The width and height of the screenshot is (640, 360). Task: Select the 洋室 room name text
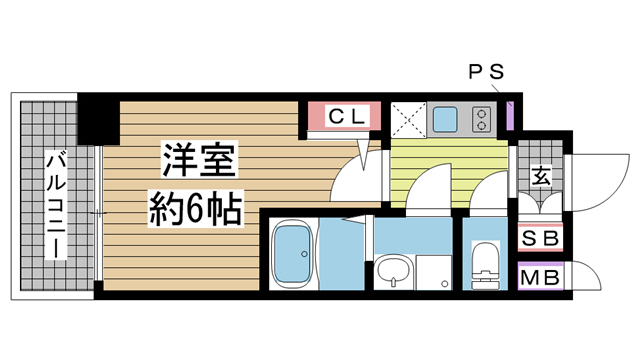195,159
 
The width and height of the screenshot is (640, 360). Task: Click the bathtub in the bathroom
295,255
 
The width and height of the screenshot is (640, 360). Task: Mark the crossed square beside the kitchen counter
408,120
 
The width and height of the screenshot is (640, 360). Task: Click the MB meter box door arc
582,277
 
